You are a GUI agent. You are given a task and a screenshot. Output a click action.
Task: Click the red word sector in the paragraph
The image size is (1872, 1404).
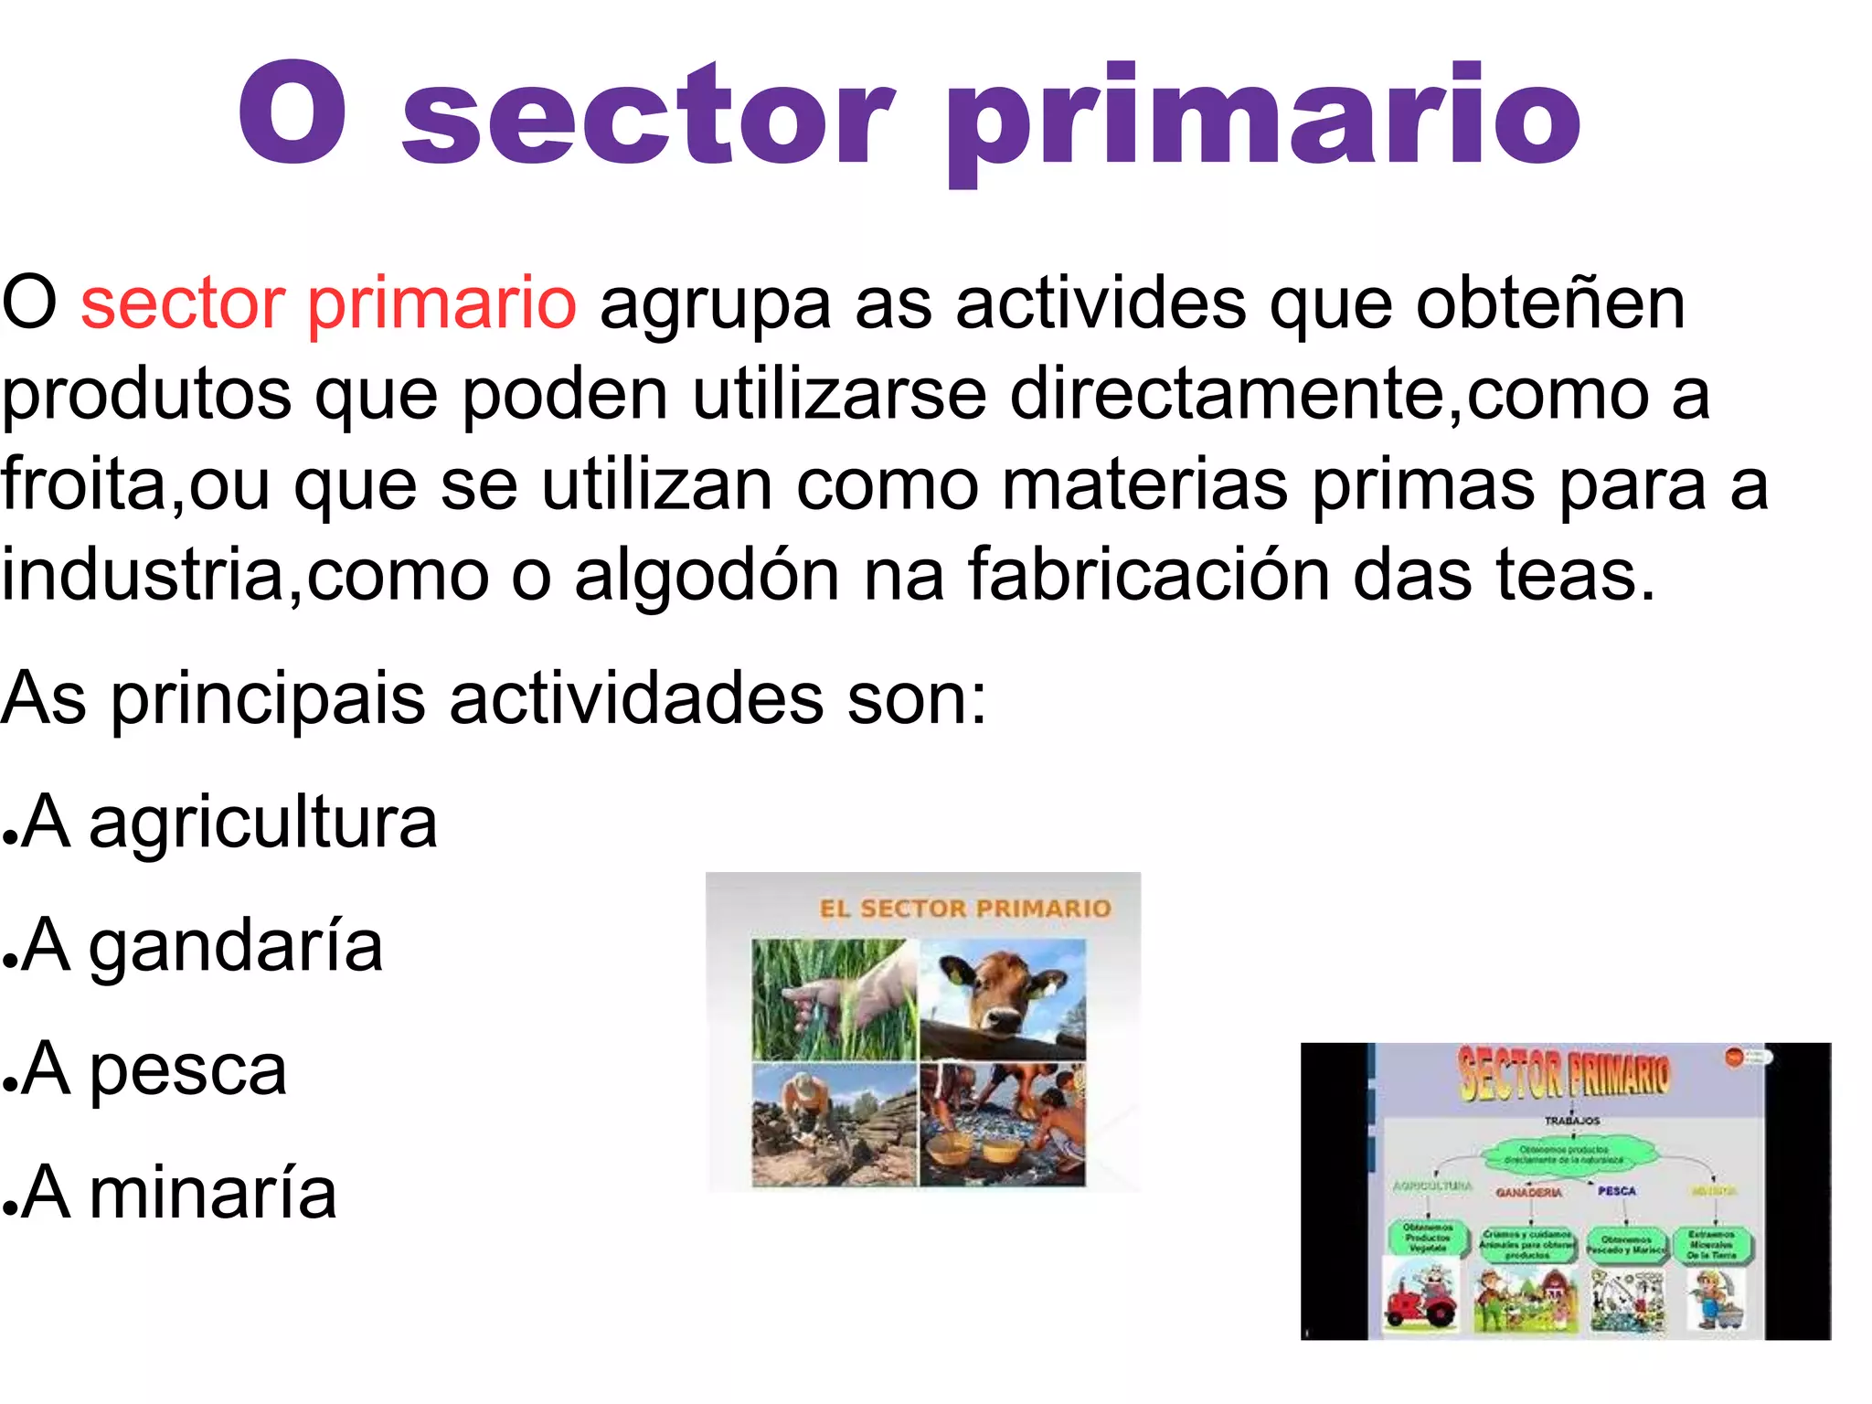click(183, 303)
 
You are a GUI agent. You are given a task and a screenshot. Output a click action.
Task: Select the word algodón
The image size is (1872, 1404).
click(707, 576)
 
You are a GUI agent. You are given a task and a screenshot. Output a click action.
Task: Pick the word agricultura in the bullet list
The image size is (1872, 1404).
click(263, 823)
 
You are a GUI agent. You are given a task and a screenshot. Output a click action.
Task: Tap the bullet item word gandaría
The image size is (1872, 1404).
click(236, 946)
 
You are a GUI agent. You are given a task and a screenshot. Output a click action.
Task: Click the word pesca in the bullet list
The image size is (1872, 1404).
click(188, 1069)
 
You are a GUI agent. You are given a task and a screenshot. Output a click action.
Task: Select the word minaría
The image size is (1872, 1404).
click(213, 1193)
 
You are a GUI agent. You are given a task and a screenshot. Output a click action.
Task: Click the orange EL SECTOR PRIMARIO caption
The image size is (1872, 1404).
click(965, 909)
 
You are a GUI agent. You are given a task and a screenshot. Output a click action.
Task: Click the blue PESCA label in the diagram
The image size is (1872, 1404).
click(1616, 1191)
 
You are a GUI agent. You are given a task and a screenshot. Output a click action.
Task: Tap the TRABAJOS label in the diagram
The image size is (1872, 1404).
click(1572, 1121)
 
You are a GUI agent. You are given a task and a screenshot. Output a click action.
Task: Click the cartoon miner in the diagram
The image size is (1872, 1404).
click(1712, 1299)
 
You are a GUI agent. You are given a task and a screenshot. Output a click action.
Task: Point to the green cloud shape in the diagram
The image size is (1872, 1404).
click(1570, 1154)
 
